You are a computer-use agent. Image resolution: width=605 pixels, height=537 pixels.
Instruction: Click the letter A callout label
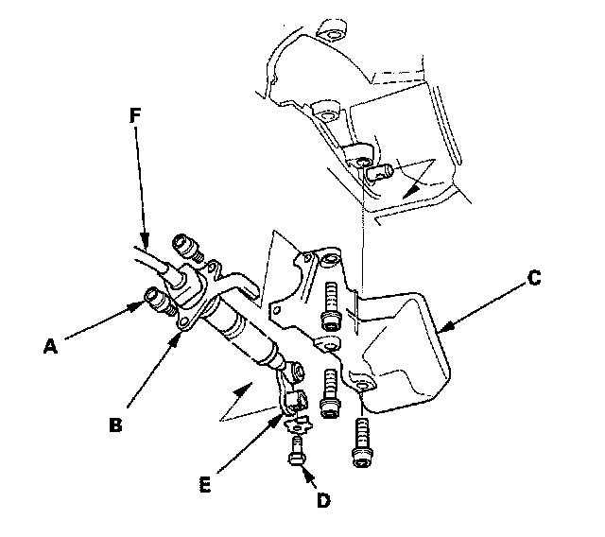pyautogui.click(x=50, y=346)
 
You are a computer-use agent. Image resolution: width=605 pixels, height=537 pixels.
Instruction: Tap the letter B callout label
pyautogui.click(x=115, y=424)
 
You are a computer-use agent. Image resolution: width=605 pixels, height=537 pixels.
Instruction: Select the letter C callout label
pyautogui.click(x=534, y=278)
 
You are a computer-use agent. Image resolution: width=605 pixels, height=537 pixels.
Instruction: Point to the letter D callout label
pyautogui.click(x=323, y=500)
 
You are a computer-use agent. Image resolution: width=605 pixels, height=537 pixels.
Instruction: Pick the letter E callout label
pyautogui.click(x=205, y=485)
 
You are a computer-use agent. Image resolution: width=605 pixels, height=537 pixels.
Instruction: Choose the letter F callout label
pyautogui.click(x=134, y=115)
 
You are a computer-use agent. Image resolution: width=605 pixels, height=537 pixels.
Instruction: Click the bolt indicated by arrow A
pyautogui.click(x=158, y=300)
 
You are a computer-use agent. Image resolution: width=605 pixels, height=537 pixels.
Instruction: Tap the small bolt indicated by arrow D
pyautogui.click(x=296, y=451)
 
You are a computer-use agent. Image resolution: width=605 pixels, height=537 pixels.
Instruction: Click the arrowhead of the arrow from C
pyautogui.click(x=444, y=328)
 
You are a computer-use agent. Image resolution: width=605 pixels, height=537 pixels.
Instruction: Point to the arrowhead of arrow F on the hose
pyautogui.click(x=145, y=240)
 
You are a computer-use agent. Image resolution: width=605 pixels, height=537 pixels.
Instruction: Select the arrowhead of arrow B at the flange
pyautogui.click(x=176, y=339)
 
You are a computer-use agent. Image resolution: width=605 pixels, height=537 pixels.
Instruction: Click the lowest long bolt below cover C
pyautogui.click(x=361, y=443)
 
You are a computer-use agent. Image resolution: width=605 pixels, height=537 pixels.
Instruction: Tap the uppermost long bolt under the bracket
pyautogui.click(x=331, y=306)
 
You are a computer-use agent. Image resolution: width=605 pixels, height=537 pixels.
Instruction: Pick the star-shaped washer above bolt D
pyautogui.click(x=298, y=425)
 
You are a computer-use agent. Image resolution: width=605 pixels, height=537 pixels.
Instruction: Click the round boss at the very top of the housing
pyautogui.click(x=331, y=30)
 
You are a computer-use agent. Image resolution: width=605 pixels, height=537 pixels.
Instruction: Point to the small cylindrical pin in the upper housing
pyautogui.click(x=379, y=172)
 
